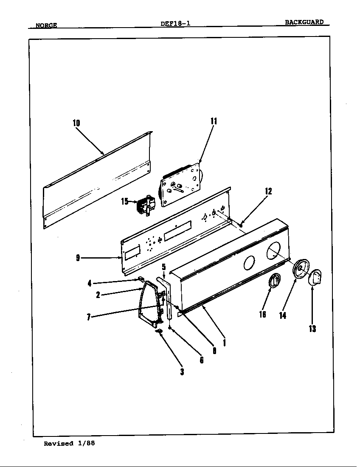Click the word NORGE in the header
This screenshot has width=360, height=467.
tap(46, 25)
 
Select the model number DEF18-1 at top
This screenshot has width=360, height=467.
tap(175, 23)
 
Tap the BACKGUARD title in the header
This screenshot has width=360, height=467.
tap(304, 22)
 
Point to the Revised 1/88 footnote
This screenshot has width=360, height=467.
tap(69, 443)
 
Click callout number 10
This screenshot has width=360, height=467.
tap(76, 123)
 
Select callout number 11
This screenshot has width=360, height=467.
tap(214, 121)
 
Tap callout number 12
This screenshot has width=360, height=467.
tap(268, 191)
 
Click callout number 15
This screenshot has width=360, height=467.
tap(124, 202)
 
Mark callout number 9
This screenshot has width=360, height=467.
tap(78, 258)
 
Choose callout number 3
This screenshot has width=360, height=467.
tap(182, 372)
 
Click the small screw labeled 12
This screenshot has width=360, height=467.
tap(241, 225)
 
